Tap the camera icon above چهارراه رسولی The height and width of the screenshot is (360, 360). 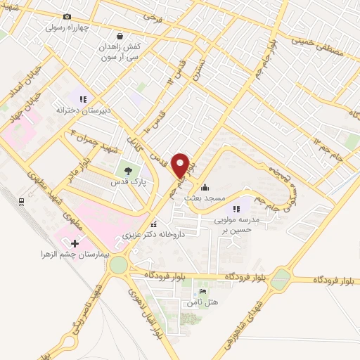[67, 16]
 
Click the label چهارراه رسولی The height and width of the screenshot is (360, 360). [65, 28]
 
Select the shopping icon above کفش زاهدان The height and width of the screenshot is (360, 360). [120, 35]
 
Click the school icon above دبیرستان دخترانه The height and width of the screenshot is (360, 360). [83, 99]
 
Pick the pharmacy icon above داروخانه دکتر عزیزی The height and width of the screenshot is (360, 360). [154, 224]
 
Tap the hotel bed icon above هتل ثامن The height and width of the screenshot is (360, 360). [203, 292]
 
